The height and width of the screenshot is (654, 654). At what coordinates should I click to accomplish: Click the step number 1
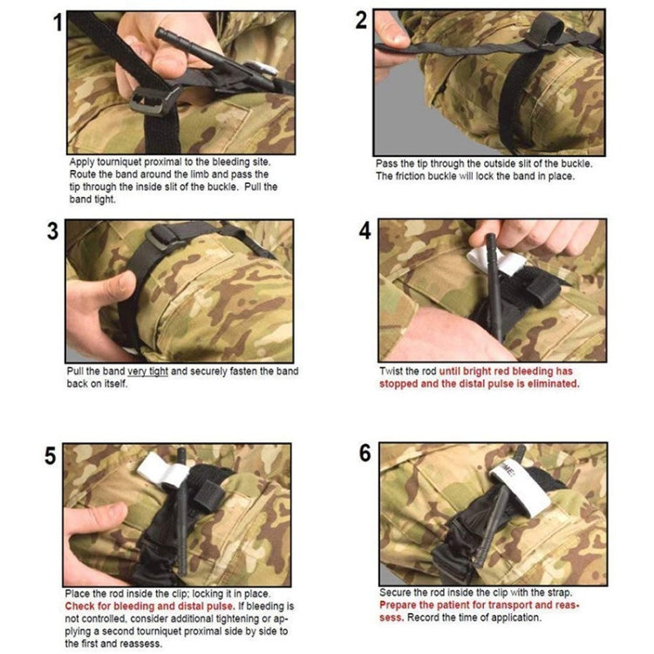[x=57, y=24]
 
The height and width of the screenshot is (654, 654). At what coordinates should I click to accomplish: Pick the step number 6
[x=365, y=454]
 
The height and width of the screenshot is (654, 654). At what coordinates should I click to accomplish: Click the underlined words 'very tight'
[x=146, y=371]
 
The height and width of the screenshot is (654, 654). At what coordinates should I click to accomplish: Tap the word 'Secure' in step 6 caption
[x=397, y=593]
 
